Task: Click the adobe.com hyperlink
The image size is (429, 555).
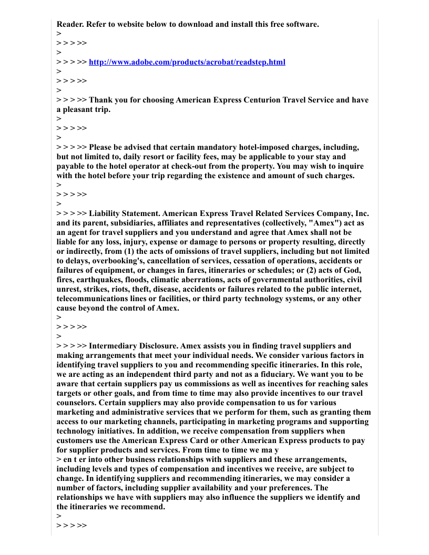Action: point(187,62)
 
